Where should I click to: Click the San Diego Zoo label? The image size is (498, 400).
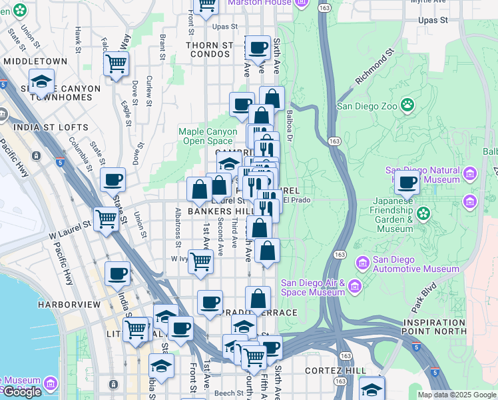[x=367, y=105]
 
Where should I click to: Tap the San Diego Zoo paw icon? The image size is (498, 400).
[x=407, y=105]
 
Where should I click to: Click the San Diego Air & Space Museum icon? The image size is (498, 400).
[x=354, y=287]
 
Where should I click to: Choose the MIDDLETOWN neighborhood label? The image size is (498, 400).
[x=35, y=61]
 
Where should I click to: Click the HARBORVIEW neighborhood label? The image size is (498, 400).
[x=69, y=304]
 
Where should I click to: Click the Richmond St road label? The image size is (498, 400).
[x=375, y=65]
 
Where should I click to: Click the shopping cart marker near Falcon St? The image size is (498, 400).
[x=116, y=64]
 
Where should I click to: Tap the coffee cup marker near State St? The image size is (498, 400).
[x=113, y=179]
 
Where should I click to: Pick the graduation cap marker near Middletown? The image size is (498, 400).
[x=41, y=81]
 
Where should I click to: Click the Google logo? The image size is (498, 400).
[x=23, y=392]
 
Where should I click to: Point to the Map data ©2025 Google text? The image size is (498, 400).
[x=457, y=395]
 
